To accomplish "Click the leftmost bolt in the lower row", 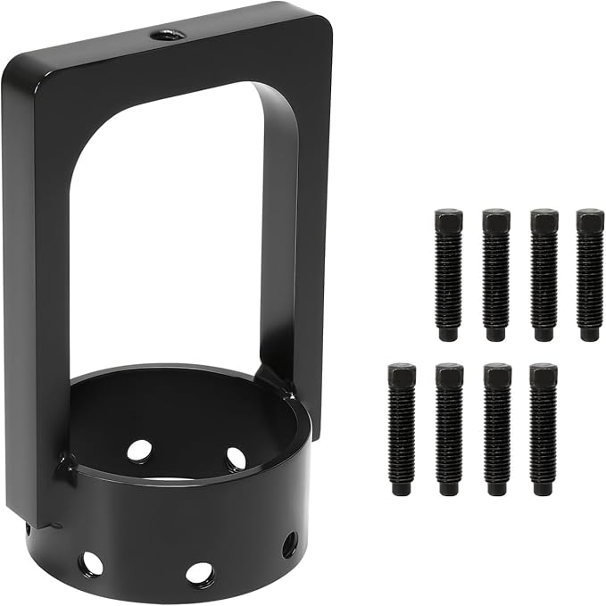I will pyautogui.click(x=402, y=429).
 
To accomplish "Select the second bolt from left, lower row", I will pyautogui.click(x=449, y=429).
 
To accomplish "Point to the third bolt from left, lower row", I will pyautogui.click(x=496, y=429).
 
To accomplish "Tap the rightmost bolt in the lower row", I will pyautogui.click(x=543, y=429).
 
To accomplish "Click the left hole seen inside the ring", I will pyautogui.click(x=139, y=451).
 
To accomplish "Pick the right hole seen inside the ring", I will pyautogui.click(x=236, y=459).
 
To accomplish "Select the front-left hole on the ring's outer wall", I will pyautogui.click(x=90, y=563).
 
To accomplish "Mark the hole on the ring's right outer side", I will pyautogui.click(x=289, y=544).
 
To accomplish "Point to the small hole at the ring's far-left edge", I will pyautogui.click(x=28, y=528).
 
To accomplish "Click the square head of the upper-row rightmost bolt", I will pyautogui.click(x=590, y=220).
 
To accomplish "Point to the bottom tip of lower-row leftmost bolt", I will pyautogui.click(x=402, y=490).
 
